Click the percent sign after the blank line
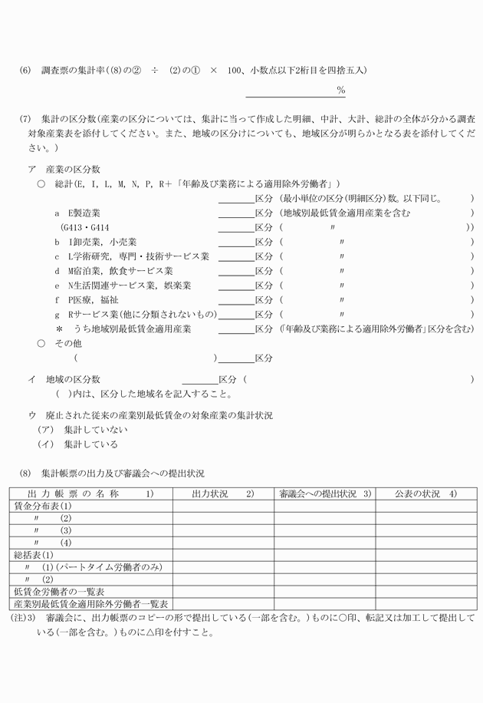coord(340,91)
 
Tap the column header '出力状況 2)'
coord(222,493)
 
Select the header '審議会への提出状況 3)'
coord(325,493)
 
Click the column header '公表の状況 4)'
coord(426,493)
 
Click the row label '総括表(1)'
coord(34,555)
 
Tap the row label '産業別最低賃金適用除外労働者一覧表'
coord(91,604)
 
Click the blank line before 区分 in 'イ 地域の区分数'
coord(199,380)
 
